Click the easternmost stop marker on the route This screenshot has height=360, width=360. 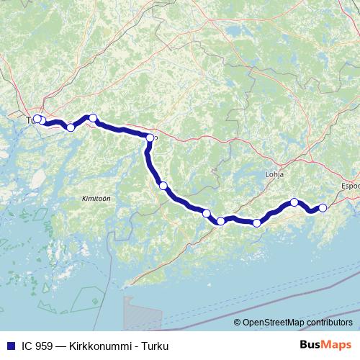(x=323, y=207)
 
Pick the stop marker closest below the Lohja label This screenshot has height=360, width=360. (x=294, y=202)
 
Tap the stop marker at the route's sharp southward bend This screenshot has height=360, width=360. (x=150, y=138)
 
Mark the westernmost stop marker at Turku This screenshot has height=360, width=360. (x=37, y=119)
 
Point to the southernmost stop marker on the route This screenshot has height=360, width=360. (x=256, y=222)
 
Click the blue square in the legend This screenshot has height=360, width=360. (x=10, y=346)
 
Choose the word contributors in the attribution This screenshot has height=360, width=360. (x=333, y=323)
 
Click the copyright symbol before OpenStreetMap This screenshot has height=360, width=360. (x=238, y=323)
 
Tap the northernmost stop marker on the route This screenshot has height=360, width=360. (x=92, y=117)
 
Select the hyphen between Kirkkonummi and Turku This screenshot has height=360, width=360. (x=132, y=346)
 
